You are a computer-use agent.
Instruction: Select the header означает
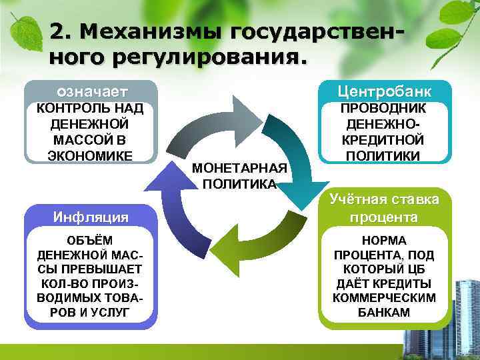pos(91,91)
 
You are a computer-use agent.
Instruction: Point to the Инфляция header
pos(91,216)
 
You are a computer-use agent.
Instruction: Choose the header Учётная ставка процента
pos(385,208)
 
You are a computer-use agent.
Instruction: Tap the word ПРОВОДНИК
pos(385,108)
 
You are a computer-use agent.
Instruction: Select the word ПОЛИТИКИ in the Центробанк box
pos(385,156)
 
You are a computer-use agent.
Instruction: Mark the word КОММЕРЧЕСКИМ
pos(385,298)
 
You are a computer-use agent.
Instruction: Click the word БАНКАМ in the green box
pos(385,312)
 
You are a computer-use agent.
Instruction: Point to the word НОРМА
pos(385,241)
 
